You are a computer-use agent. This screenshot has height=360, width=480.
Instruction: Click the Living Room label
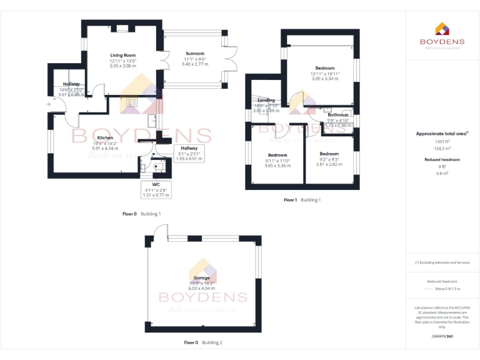coord(123,56)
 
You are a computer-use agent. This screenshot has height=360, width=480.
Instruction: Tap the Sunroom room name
coord(194,54)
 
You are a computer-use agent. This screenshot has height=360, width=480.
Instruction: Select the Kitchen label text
coord(104,137)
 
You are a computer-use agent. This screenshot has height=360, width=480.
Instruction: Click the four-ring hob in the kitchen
coord(132,102)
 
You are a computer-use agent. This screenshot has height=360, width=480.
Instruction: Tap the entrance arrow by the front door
coord(48,104)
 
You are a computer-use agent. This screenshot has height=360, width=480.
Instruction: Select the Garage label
coord(202,277)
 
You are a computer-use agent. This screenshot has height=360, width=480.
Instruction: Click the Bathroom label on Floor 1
coord(338,115)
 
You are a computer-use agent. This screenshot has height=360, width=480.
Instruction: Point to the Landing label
coord(266,100)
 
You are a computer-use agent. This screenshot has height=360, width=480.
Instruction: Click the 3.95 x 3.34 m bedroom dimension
coord(324,79)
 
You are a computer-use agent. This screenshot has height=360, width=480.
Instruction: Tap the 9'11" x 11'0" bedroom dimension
coord(277,161)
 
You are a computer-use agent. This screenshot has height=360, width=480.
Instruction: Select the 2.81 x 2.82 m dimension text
coord(329,164)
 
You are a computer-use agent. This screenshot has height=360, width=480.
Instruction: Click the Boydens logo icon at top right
coord(441,29)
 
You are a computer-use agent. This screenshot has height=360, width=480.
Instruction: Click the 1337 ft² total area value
coord(442,141)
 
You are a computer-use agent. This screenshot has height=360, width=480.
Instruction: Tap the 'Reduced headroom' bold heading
coord(442,159)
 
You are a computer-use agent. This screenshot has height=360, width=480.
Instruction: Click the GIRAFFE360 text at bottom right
coord(442,337)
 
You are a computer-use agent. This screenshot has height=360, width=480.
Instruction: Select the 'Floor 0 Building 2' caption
coord(202,342)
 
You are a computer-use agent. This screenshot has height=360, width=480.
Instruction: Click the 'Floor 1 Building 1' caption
coord(302,200)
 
